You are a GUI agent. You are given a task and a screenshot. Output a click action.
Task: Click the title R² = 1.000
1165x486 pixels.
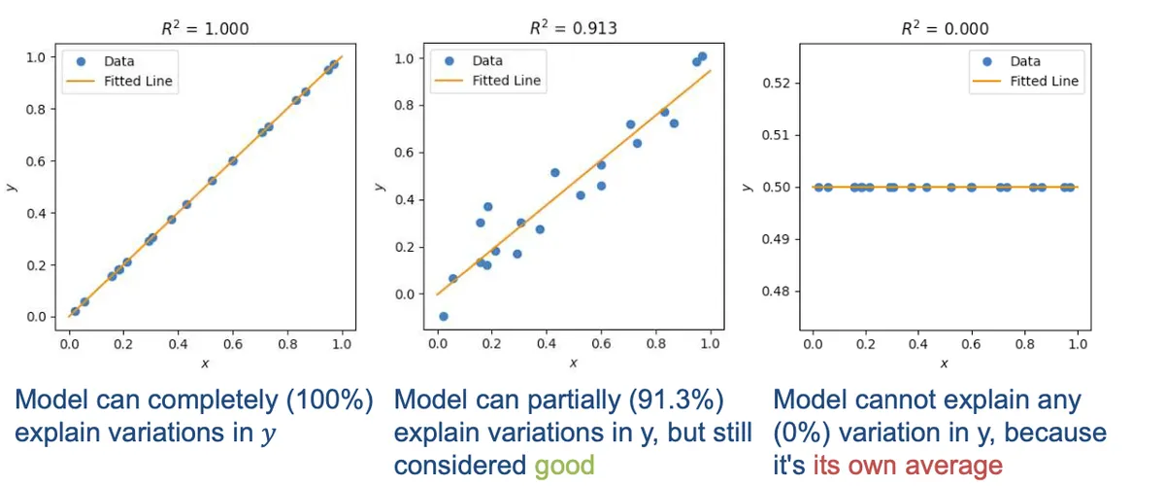coord(205,28)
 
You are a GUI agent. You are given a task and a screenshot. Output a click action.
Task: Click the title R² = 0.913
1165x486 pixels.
coord(573,27)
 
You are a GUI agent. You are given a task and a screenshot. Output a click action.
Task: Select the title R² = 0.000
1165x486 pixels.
coord(945,28)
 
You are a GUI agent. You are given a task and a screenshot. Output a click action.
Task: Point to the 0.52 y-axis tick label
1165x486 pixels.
coord(776,84)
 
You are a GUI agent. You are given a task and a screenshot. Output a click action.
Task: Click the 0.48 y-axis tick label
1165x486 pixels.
coord(776,292)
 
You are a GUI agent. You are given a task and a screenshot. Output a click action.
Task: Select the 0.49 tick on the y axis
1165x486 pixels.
coord(776,239)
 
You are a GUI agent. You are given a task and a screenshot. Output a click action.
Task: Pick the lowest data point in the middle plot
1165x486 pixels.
coord(443,316)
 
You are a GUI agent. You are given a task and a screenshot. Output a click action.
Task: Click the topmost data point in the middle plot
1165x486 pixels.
coord(702,56)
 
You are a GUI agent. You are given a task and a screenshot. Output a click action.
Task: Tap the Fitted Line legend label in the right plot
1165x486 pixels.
coord(1044,82)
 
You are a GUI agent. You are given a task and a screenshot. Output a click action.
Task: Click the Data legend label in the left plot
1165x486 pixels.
coord(119,61)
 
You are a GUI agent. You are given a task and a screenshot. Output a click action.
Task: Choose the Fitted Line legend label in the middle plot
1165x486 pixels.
coord(506,81)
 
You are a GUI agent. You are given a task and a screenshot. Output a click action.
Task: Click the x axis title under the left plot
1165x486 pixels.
coord(205,364)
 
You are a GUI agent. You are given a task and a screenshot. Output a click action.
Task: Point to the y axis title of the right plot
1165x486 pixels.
coord(748,187)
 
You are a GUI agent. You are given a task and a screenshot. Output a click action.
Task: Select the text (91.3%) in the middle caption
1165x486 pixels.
coord(676,400)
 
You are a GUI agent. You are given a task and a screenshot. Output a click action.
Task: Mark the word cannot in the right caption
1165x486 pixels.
coord(893,400)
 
